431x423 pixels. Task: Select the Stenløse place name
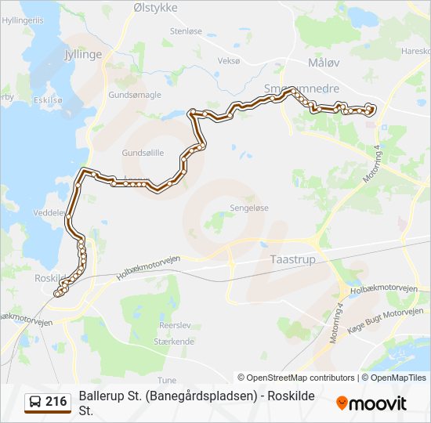tap(187, 31)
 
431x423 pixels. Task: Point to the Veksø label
tap(229, 60)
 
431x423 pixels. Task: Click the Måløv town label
tap(324, 62)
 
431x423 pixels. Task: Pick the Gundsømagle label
tap(136, 94)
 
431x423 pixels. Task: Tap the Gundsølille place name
tap(143, 153)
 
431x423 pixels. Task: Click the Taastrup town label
tap(291, 258)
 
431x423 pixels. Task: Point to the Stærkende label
tap(176, 342)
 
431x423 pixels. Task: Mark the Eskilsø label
tap(48, 100)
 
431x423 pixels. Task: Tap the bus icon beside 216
tap(35, 402)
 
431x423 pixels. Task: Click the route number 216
tap(56, 402)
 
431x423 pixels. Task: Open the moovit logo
tap(371, 403)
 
